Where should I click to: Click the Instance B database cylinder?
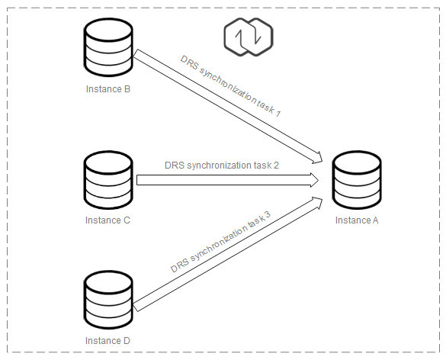point(108,47)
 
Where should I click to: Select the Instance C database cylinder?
point(108,180)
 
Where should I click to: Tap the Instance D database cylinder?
point(108,300)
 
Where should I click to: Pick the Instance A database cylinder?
point(357,180)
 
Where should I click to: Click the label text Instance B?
point(108,89)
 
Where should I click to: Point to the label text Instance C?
point(107,220)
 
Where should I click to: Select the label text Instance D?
point(107,341)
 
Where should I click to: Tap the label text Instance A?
point(357,220)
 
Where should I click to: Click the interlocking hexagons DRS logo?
point(249,37)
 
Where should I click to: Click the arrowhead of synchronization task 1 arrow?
point(318,158)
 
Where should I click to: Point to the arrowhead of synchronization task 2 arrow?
point(314,180)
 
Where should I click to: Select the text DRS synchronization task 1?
point(231,86)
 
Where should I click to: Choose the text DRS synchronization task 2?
point(222,166)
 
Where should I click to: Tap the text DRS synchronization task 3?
point(220,242)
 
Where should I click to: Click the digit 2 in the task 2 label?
point(276,165)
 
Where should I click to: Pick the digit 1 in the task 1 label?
point(278,113)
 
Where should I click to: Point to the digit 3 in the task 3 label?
point(267,215)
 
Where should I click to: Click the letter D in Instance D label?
point(127,340)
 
